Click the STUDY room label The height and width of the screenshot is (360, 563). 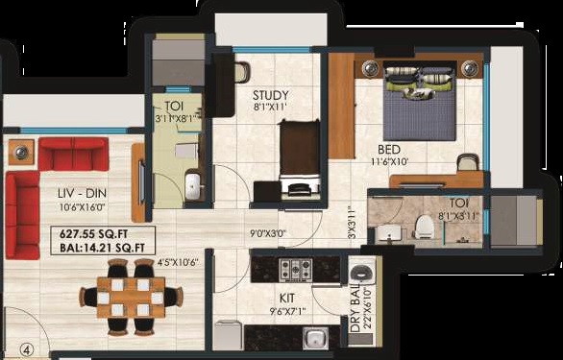tap(270, 95)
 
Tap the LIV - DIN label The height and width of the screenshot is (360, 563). tap(82, 194)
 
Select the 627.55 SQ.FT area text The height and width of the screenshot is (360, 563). tap(94, 234)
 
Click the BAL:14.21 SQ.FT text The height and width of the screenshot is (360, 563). tap(102, 248)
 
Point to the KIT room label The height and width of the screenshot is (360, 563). tap(287, 298)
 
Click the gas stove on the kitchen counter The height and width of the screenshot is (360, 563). tap(296, 269)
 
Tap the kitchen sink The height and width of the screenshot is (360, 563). tap(315, 338)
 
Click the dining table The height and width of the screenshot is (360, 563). tap(131, 298)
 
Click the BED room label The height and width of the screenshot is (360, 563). tap(388, 150)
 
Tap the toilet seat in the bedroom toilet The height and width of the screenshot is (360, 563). tap(424, 228)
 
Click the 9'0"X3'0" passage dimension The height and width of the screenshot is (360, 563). tap(267, 234)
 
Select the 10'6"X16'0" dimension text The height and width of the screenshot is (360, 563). tap(82, 207)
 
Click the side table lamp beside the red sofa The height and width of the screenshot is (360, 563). tap(21, 153)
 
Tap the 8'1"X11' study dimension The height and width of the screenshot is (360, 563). tap(270, 107)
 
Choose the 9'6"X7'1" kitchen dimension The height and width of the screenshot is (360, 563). tap(287, 312)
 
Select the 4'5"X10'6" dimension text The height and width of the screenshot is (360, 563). tap(178, 263)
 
